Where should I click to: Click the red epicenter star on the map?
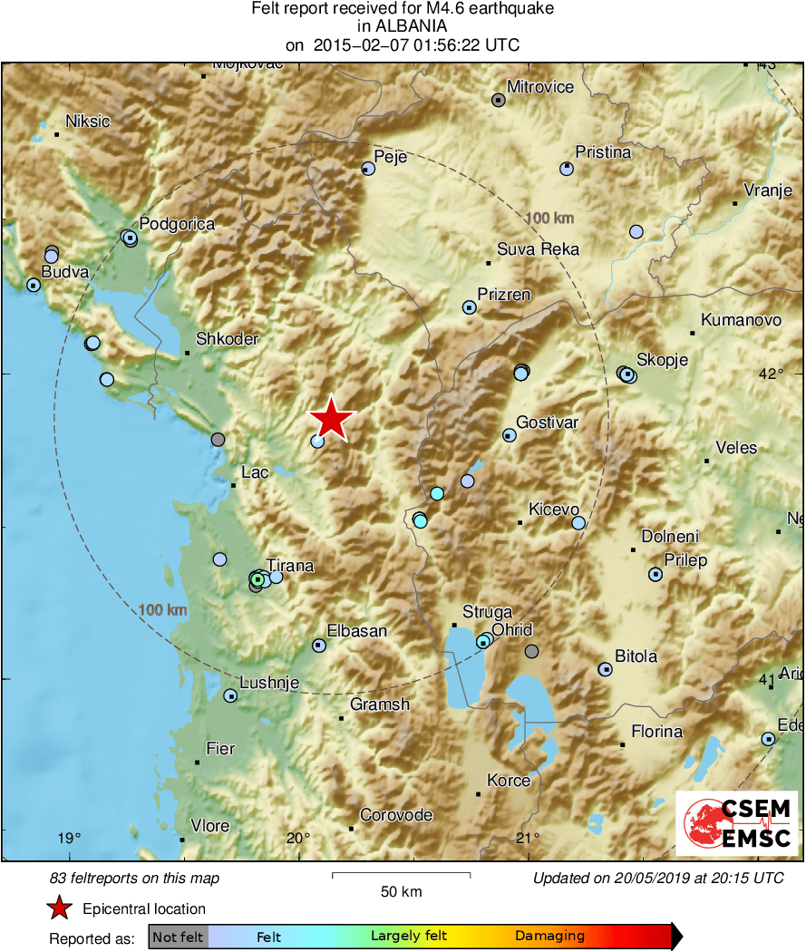coord(332,420)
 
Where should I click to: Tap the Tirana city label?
coord(290,567)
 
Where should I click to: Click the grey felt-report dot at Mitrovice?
coord(498,100)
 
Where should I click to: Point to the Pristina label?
coord(603,152)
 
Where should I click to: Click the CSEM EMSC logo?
coord(736,823)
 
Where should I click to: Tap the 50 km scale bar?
coord(401,875)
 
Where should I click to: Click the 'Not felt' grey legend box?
coord(179,937)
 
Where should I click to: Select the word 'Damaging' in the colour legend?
coord(549,937)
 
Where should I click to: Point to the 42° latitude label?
coord(771,374)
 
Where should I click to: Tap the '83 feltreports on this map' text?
coord(134,878)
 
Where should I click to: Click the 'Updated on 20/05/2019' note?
coord(658,878)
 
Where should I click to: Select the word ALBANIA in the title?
coord(403,26)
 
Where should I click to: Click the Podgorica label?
coord(177,224)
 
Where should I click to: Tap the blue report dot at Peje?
coord(367,169)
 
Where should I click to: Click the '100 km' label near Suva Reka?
coord(549,219)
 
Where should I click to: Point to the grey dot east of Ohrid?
coord(531,651)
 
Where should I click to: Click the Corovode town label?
coord(396,815)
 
